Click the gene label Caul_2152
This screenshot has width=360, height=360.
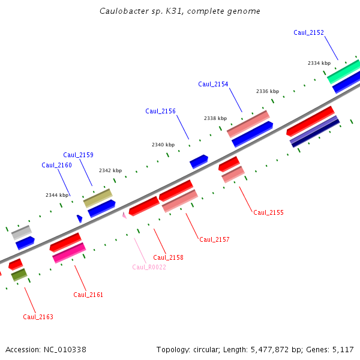point(308,32)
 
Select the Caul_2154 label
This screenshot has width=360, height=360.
point(213,84)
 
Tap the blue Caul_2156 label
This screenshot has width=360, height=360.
point(160,111)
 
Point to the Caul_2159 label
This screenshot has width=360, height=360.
point(78,155)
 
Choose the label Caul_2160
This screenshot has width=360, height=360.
point(57,165)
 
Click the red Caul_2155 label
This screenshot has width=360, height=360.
point(268,212)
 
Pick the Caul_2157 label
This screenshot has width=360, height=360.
point(214,239)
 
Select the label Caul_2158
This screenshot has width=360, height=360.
point(168,257)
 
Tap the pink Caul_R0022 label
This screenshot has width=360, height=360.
point(149,267)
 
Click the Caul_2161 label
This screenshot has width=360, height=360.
point(88,295)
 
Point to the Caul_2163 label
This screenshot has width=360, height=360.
point(38,317)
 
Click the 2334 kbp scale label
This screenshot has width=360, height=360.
point(319,63)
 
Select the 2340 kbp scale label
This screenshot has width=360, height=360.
point(163,145)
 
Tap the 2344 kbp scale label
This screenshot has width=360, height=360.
point(57,195)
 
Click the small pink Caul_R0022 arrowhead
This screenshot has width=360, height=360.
point(124,215)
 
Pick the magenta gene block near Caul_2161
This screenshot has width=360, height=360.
point(69,253)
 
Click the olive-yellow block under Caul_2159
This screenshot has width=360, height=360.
point(98,198)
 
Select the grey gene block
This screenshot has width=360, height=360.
point(22,233)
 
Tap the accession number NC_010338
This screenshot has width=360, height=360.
point(65,350)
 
